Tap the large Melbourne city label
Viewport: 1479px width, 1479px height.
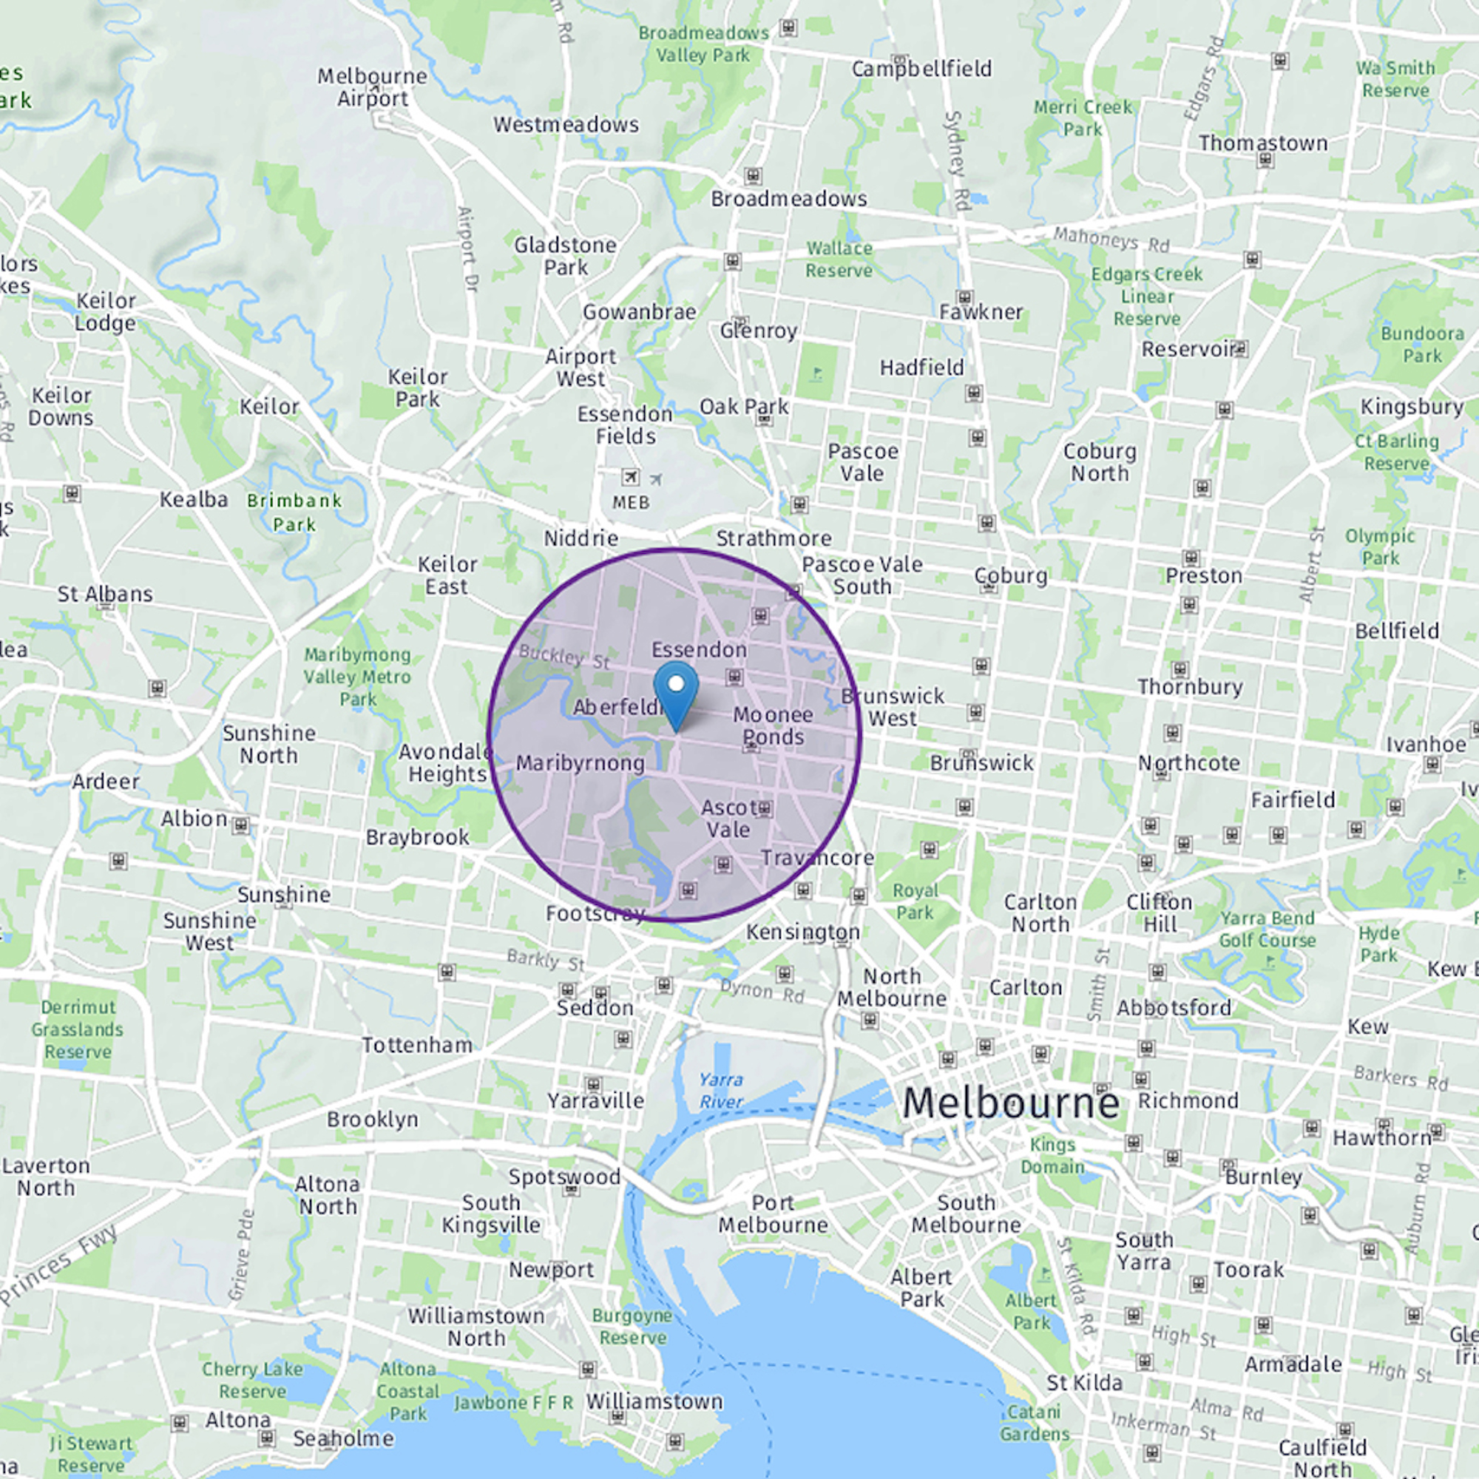[x=1010, y=1103]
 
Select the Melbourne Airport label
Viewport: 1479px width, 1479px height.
[x=373, y=87]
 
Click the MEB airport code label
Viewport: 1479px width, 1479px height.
[x=631, y=502]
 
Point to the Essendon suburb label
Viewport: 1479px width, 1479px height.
[x=699, y=650]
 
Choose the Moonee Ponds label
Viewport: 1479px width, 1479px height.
[x=774, y=725]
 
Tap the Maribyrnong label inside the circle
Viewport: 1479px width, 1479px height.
[x=581, y=763]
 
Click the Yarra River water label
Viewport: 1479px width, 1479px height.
[x=720, y=1090]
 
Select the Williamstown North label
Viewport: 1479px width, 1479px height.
[x=476, y=1327]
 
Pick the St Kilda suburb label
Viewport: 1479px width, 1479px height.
[x=1084, y=1383]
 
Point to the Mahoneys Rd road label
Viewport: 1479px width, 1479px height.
[x=1111, y=240]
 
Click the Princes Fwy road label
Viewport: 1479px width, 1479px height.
[x=58, y=1264]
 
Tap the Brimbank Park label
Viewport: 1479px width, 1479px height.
[x=294, y=512]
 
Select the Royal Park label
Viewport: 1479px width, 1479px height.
[x=915, y=901]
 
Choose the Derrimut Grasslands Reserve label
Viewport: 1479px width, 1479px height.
[x=78, y=1029]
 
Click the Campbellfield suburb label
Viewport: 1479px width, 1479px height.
[x=921, y=69]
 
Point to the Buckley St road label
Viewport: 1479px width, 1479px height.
[x=564, y=657]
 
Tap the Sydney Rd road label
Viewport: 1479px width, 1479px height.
[x=958, y=160]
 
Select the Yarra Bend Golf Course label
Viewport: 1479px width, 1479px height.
[x=1267, y=929]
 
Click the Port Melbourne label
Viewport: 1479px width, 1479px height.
[x=773, y=1214]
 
